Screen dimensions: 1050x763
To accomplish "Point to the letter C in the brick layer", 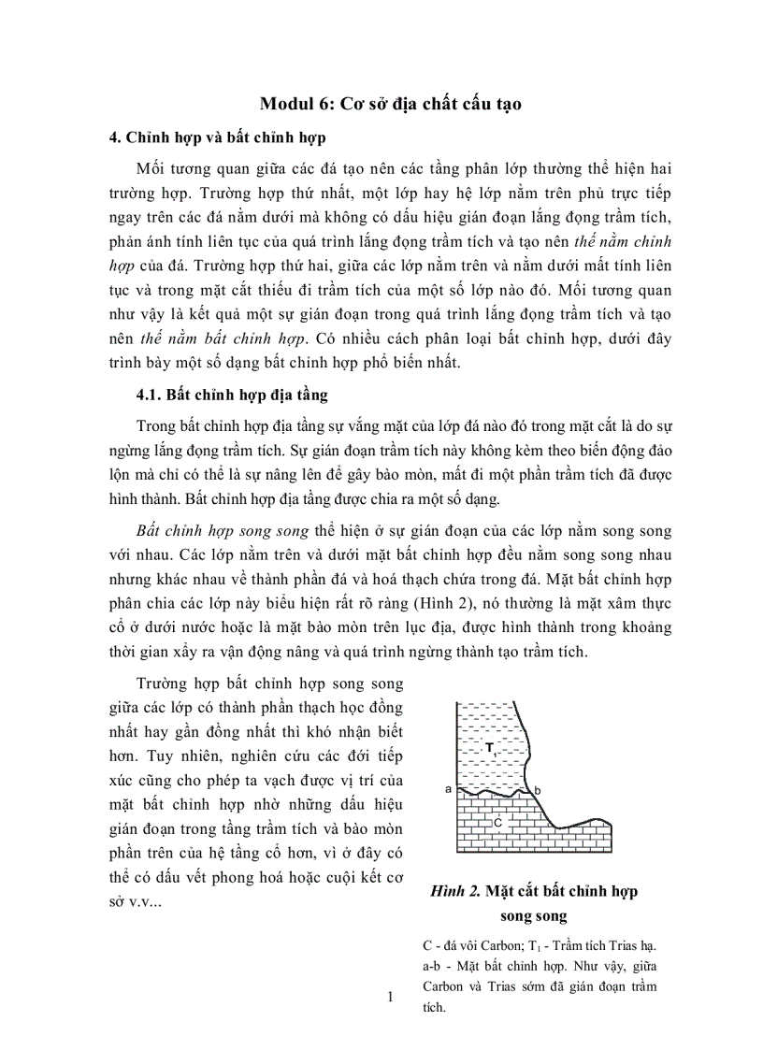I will pos(498,823).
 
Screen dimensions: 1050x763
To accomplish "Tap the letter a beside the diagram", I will pos(448,789).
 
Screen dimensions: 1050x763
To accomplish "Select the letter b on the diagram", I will pos(537,791).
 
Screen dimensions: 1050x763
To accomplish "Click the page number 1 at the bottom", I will pos(391,998).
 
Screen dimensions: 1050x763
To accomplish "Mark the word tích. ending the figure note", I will pos(436,1009).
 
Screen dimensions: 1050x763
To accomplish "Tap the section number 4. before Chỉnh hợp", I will pos(116,137).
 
